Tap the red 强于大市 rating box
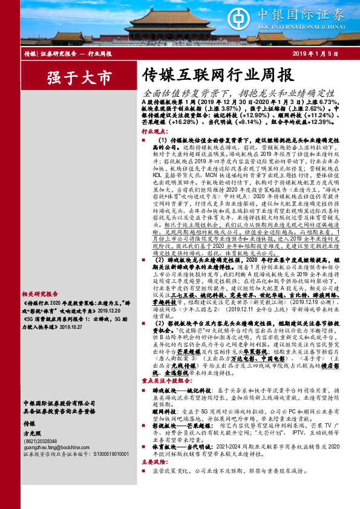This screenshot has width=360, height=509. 79,79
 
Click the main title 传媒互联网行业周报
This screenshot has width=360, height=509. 218,76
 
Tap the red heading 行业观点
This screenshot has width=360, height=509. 154,131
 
